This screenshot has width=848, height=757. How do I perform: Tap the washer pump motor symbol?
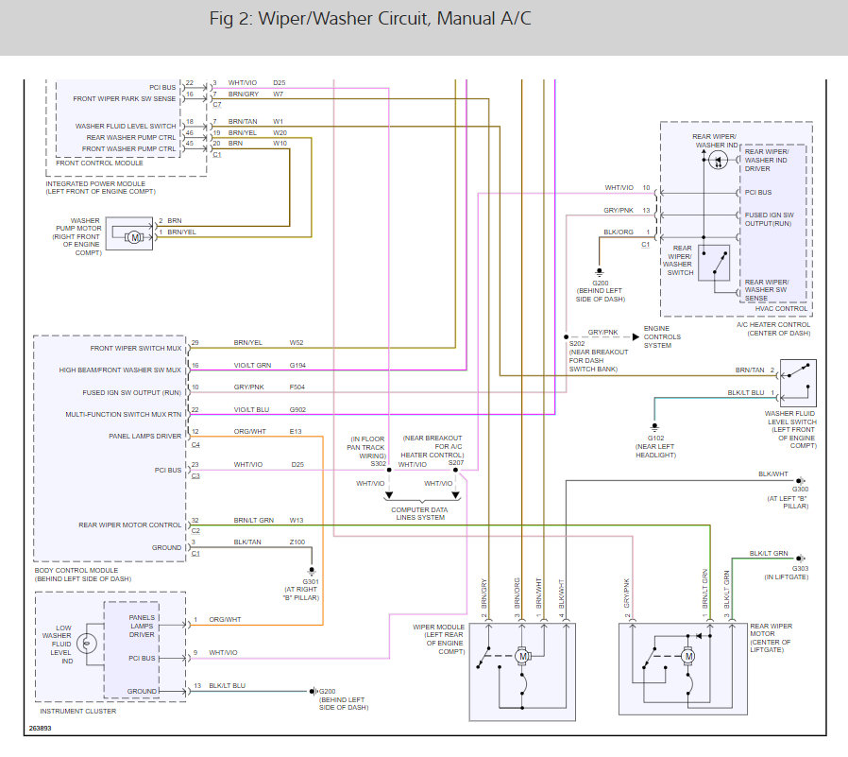coord(134,235)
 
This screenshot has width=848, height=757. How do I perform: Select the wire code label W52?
coord(297,343)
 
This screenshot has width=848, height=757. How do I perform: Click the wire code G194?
coord(298,365)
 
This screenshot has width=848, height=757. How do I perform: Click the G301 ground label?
coord(311,580)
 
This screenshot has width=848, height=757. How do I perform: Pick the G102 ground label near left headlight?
coord(654,438)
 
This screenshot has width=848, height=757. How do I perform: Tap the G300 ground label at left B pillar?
coord(800,490)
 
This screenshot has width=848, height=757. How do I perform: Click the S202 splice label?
coord(576,342)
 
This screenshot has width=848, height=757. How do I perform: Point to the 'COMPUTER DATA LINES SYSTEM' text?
coord(419,514)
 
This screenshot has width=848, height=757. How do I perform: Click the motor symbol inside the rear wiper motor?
coord(688,656)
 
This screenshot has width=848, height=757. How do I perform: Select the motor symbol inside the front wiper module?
coord(522,654)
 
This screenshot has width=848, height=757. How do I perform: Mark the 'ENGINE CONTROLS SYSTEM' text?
coord(662,336)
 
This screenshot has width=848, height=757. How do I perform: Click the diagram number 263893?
coord(41,729)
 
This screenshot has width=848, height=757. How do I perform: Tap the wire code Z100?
coord(297,542)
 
